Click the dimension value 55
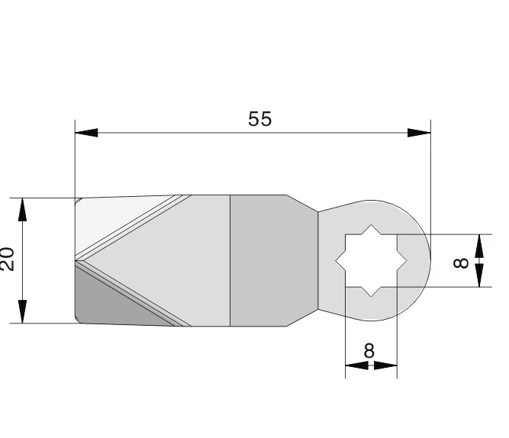(x=259, y=120)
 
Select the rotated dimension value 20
(x=8, y=259)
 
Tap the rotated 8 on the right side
(x=461, y=261)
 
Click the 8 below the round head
(x=370, y=350)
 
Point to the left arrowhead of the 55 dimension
(x=86, y=133)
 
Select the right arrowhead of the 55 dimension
(x=420, y=133)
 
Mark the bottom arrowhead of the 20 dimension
(x=23, y=312)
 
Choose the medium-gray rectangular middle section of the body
(x=258, y=260)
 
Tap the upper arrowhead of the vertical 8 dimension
(x=479, y=244)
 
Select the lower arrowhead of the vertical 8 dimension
(x=479, y=277)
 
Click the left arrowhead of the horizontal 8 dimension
(x=353, y=366)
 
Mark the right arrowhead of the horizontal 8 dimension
(x=390, y=366)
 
